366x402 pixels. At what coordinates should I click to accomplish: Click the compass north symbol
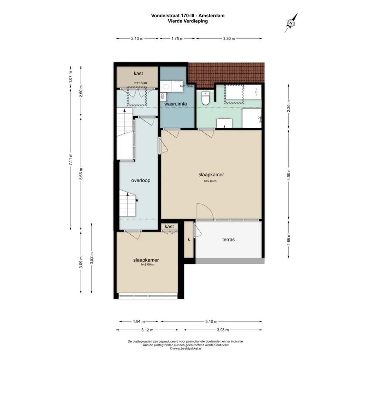click(291, 23)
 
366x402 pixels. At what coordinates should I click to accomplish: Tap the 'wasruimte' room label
click(175, 104)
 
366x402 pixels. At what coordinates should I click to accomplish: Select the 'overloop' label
click(141, 180)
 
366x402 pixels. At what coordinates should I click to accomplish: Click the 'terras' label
click(228, 240)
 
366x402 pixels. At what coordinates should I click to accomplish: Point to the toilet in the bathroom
click(205, 99)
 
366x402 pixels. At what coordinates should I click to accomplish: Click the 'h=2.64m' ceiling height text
click(210, 181)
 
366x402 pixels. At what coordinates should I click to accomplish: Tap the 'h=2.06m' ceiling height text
click(147, 264)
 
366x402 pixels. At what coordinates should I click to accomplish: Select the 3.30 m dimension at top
click(229, 39)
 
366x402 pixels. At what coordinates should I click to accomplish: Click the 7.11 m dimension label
click(70, 159)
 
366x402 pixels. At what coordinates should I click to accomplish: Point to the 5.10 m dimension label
click(211, 321)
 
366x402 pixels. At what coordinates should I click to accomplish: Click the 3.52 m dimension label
click(91, 258)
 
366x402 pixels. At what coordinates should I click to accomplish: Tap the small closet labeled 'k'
click(189, 240)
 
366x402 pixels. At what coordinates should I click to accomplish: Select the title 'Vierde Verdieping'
click(188, 21)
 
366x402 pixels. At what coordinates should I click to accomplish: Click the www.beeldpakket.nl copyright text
click(185, 349)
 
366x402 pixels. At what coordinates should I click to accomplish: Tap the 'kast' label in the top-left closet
click(138, 74)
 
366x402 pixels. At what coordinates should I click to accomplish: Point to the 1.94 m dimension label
click(139, 321)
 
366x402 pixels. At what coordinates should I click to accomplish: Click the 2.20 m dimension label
click(289, 106)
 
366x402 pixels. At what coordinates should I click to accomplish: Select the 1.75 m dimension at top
click(177, 39)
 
